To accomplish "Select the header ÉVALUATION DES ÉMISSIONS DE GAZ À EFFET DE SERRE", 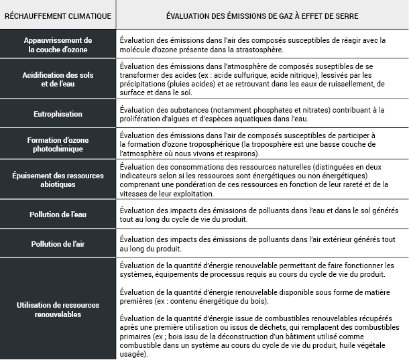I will click(261, 15).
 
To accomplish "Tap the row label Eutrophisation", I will click(57, 114).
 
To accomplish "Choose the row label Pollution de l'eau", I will click(57, 215).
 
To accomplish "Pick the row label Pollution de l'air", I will click(57, 244).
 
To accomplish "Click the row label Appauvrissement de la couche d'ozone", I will click(57, 45).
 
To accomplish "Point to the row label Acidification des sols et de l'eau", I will click(57, 80).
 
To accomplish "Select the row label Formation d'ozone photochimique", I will click(57, 143).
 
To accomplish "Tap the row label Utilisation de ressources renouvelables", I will click(57, 309).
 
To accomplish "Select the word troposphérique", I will click(200, 145).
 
